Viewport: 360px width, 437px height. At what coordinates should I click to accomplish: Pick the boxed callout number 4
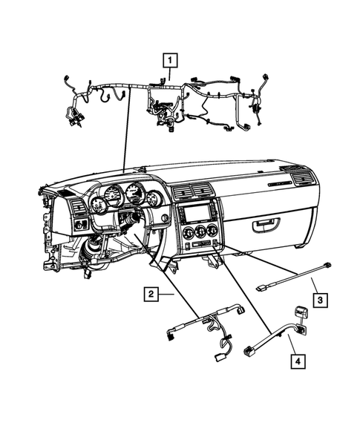click(297, 362)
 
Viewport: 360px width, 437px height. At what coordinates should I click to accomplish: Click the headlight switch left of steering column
click(80, 223)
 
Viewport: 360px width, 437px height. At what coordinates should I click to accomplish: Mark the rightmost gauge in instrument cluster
click(154, 199)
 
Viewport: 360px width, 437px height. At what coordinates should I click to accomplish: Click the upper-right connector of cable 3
click(327, 265)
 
